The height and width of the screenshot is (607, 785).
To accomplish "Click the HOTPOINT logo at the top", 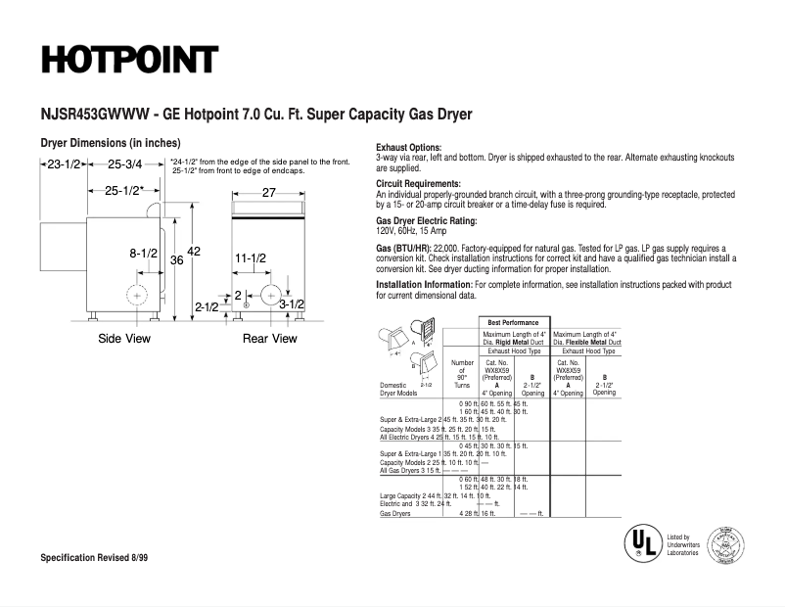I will (x=128, y=60).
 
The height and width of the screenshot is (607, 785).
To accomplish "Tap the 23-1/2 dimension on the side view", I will (x=64, y=163).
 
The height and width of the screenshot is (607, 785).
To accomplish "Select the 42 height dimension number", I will (x=193, y=253).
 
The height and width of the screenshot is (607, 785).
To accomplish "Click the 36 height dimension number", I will (x=176, y=260).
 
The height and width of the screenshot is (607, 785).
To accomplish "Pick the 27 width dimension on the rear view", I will (x=269, y=193).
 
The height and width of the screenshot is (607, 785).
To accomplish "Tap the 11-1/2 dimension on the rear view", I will (x=251, y=257).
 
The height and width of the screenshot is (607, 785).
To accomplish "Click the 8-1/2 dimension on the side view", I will (x=143, y=254).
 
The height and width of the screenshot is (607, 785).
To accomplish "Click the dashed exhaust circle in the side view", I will (x=138, y=295).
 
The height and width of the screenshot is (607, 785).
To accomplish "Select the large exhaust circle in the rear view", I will (x=271, y=295).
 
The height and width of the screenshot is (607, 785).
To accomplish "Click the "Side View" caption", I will (x=124, y=339).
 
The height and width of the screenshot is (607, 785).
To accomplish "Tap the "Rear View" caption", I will (x=270, y=339).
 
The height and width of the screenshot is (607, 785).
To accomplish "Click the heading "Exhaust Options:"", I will (x=409, y=148).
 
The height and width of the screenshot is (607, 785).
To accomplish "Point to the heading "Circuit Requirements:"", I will (x=418, y=184).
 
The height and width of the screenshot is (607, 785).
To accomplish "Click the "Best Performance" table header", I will (x=514, y=322).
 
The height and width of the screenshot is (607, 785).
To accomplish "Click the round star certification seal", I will (x=725, y=543).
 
